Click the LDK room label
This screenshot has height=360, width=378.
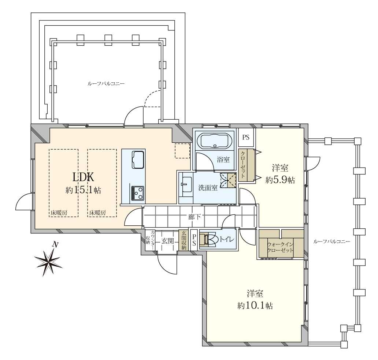click(x=84, y=178)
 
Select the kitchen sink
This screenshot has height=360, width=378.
click(x=138, y=160)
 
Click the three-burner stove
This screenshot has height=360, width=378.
click(x=138, y=193)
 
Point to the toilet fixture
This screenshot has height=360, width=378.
click(x=210, y=240)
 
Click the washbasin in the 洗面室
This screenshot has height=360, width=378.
click(x=187, y=185)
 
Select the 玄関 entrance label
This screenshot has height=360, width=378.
click(x=167, y=241)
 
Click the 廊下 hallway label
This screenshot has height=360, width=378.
click(x=194, y=217)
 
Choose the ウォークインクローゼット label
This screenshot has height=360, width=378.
click(x=280, y=247)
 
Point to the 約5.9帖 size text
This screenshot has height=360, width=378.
click(x=280, y=180)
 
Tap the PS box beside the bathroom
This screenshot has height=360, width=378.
click(x=246, y=138)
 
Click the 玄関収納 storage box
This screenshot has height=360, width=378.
click(x=184, y=240)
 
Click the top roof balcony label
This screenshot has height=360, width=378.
click(x=106, y=84)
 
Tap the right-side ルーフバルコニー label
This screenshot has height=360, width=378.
click(x=331, y=241)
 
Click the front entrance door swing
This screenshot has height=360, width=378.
click(x=167, y=265)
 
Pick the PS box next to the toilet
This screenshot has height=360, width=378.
click(x=194, y=240)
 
